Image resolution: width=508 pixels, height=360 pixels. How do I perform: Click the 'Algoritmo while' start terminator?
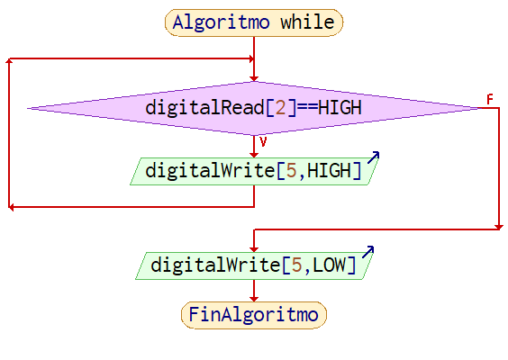[x=254, y=22]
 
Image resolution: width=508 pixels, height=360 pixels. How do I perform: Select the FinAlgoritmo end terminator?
[x=254, y=315]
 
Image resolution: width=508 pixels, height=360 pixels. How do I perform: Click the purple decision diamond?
[x=254, y=108]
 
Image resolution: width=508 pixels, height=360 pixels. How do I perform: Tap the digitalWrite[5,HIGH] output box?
[x=254, y=171]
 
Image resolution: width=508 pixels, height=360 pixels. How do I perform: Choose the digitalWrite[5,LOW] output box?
[x=254, y=265]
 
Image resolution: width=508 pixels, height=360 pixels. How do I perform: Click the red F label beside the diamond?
[x=490, y=99]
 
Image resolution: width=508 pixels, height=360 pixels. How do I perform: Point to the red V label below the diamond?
[x=263, y=141]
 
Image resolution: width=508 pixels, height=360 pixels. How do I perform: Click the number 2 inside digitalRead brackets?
[x=280, y=107]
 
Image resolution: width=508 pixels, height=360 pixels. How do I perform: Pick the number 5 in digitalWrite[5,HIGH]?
[x=291, y=170]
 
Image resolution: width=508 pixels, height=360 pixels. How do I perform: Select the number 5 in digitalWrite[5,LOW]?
[x=296, y=265]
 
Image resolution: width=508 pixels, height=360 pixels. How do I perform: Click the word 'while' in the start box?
[x=307, y=22]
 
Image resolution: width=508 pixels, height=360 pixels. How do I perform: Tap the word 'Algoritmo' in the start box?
[x=221, y=22]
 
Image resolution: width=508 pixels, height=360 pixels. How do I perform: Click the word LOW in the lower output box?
[x=329, y=265]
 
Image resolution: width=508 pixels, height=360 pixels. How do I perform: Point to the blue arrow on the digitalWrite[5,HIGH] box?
[x=373, y=157]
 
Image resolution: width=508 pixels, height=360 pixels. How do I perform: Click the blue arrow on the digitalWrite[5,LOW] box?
[x=368, y=251]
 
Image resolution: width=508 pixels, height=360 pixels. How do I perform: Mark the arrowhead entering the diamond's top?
[x=254, y=78]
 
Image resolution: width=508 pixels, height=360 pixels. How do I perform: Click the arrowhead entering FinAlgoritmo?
[x=254, y=299]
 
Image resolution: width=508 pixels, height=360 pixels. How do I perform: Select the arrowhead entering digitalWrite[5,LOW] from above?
[x=254, y=249]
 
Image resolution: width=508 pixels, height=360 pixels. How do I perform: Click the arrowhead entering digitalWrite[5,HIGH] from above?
[x=254, y=155]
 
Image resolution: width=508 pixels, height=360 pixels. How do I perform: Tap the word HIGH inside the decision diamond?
[x=340, y=107]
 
